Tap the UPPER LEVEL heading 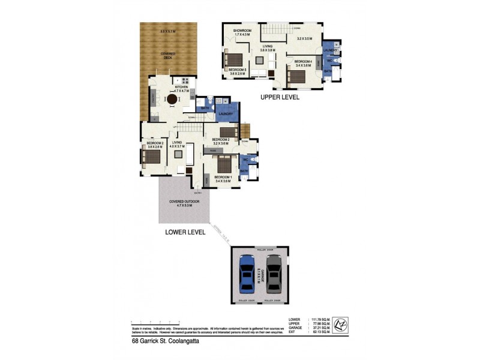(280, 97)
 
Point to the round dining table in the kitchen (172, 100)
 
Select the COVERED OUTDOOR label (184, 203)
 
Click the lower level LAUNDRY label (225, 113)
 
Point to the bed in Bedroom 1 (224, 164)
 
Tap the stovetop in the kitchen (185, 81)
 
